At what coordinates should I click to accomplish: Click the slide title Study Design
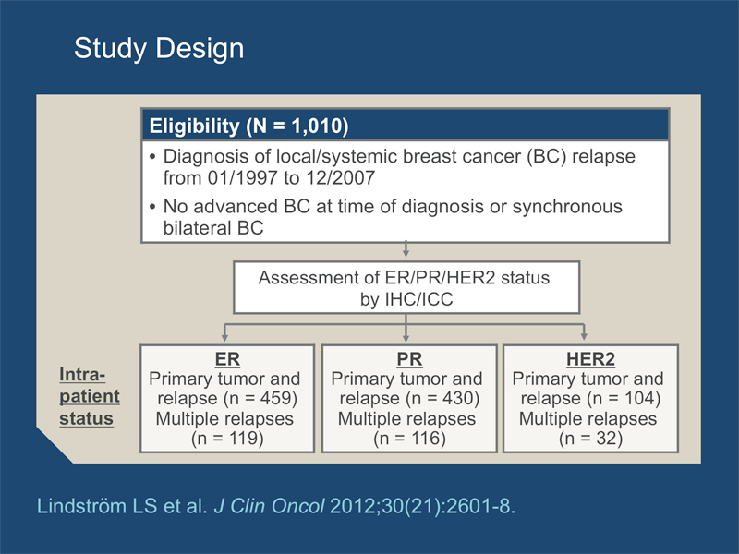tap(159, 49)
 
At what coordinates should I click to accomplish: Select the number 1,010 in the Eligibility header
tap(316, 126)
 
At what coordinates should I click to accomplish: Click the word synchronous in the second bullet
tap(567, 207)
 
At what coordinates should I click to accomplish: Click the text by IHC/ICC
tap(406, 299)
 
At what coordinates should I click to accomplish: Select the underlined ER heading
tap(227, 359)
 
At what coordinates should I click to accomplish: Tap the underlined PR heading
tap(409, 359)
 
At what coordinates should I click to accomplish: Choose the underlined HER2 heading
tap(590, 359)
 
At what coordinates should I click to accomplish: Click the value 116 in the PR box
tap(426, 439)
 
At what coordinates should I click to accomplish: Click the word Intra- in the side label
tap(82, 375)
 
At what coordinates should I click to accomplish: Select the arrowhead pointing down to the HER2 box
tap(584, 336)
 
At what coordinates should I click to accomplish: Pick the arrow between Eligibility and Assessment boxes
tap(406, 249)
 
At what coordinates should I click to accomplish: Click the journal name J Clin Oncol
tap(269, 506)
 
